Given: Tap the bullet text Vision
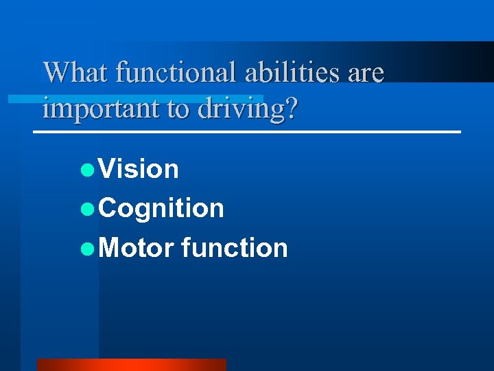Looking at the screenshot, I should tap(139, 169).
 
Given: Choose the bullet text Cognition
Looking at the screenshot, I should tap(161, 208).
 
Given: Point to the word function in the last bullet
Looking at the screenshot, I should tap(235, 247).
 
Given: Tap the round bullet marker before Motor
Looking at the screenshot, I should tap(86, 248).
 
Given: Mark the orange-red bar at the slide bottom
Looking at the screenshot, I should tap(131, 365).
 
